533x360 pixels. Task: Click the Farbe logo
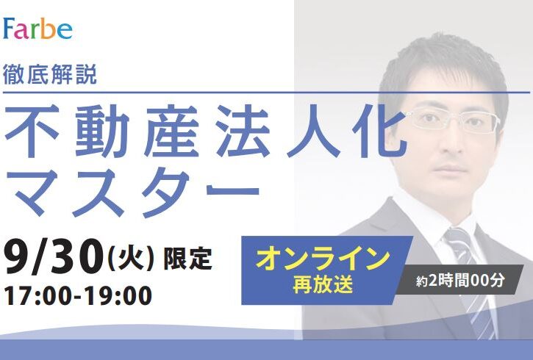coord(37,28)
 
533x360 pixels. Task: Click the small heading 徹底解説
coord(50,74)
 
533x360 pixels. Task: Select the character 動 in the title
coord(102,131)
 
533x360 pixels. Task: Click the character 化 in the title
coord(379,131)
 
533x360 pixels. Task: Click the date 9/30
coord(54,256)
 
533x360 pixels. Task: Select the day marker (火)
coord(131,259)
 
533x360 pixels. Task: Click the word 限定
coord(188,259)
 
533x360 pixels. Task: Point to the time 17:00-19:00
coord(78,295)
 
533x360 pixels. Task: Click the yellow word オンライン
coord(323,259)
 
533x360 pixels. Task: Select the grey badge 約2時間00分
coord(460,280)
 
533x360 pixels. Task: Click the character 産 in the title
coord(172,131)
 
